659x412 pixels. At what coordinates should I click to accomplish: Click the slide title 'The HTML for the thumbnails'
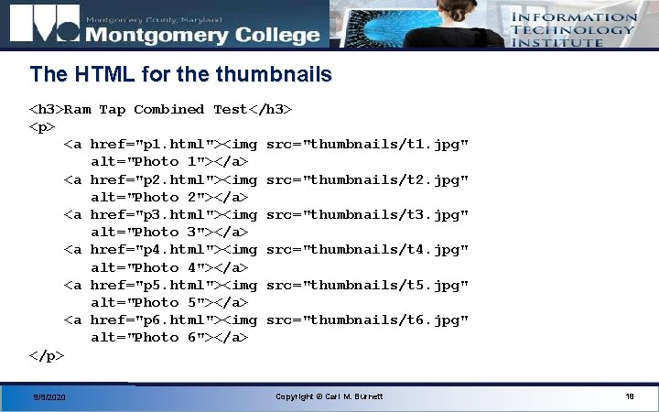point(180,74)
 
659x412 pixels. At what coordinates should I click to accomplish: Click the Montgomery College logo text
point(202,36)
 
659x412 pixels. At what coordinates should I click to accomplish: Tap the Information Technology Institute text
point(573,29)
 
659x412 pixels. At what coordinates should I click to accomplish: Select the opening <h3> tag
point(47,110)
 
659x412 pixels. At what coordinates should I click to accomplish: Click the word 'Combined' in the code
point(168,110)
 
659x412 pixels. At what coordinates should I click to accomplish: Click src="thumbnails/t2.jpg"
point(367,179)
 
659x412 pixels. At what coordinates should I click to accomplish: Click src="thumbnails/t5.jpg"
point(367,285)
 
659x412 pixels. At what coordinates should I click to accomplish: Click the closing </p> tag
point(47,355)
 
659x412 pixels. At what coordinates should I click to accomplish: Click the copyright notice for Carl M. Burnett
point(329,396)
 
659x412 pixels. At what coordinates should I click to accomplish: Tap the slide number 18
point(630,396)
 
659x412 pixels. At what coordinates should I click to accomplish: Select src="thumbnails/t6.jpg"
point(367,320)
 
